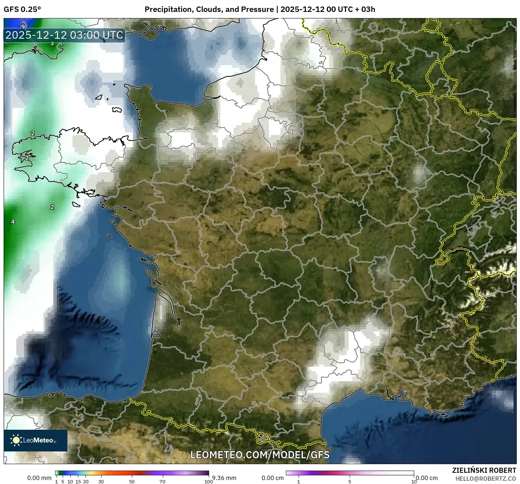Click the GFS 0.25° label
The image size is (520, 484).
[x=22, y=9]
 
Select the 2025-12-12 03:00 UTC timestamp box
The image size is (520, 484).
[x=65, y=35]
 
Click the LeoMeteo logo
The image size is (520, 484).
[x=36, y=440]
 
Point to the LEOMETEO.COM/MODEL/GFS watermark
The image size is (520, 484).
[x=260, y=455]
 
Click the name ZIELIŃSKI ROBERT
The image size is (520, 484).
[x=484, y=470]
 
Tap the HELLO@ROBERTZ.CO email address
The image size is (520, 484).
[x=486, y=479]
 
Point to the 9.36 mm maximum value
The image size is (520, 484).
[x=224, y=478]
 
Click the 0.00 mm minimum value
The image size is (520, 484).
[x=39, y=478]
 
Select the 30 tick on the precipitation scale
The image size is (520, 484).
[x=101, y=481]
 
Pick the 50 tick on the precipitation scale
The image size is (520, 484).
[x=132, y=481]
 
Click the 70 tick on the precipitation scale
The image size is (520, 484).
[x=162, y=481]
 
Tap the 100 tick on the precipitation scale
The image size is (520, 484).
[x=208, y=481]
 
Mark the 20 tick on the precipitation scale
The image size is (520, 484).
[x=86, y=481]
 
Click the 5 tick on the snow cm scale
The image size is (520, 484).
[x=350, y=481]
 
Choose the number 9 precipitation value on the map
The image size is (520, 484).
[x=23, y=26]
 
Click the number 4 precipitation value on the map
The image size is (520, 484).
[x=13, y=222]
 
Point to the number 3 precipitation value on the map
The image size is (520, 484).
[x=52, y=43]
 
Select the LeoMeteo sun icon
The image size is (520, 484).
[x=16, y=440]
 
